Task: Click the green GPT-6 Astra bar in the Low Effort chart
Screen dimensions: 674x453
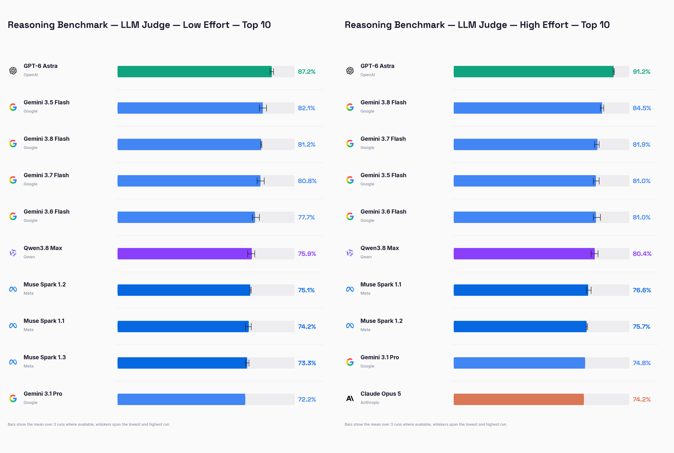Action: tap(194, 72)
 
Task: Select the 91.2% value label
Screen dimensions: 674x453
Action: tap(641, 72)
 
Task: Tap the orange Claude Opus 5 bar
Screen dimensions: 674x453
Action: tap(519, 399)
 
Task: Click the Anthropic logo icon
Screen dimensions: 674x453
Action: tap(350, 398)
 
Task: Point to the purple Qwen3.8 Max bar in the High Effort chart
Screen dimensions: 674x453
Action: tap(524, 254)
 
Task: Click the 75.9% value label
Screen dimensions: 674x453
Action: tap(307, 254)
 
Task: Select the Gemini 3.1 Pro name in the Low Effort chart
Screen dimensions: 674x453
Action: tap(43, 394)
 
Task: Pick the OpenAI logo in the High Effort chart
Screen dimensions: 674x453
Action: tap(350, 70)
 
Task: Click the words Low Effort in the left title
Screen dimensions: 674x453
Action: tap(206, 25)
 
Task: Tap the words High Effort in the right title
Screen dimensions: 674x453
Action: tap(544, 25)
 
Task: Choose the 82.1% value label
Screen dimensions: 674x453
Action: tap(306, 108)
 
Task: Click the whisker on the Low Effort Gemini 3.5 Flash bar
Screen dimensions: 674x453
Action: tap(263, 108)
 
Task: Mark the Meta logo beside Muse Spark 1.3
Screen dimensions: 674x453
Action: tap(13, 362)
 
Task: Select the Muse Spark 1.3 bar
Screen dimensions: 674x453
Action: tap(182, 363)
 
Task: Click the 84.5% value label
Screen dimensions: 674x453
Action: tap(642, 108)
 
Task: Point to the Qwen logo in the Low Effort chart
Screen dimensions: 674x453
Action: tap(13, 253)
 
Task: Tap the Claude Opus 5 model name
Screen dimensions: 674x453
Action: tap(380, 394)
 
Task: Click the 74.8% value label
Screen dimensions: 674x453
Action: tap(642, 363)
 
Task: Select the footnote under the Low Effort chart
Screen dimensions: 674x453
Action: tap(89, 424)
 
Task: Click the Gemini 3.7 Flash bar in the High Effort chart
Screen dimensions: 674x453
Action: tap(525, 144)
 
